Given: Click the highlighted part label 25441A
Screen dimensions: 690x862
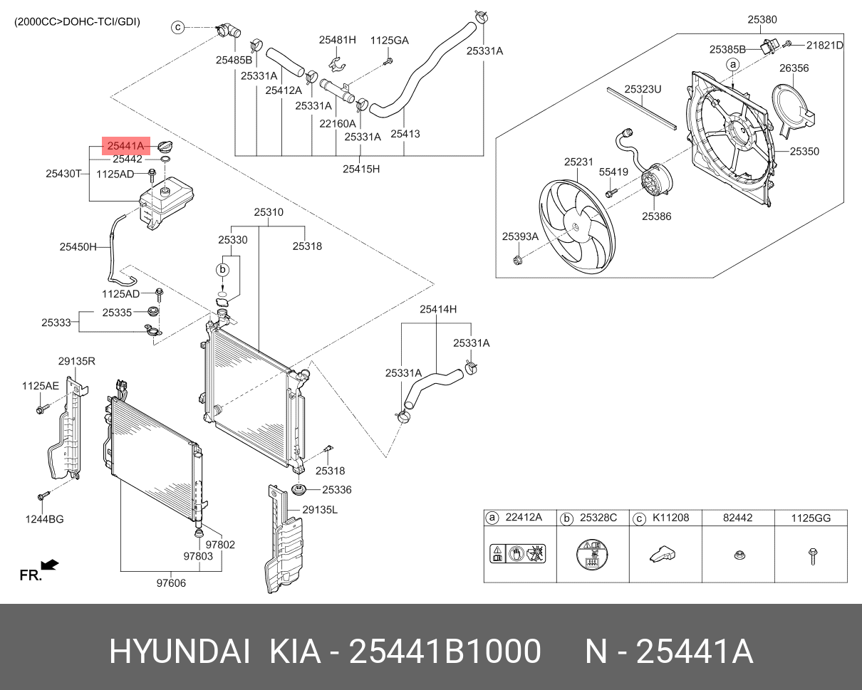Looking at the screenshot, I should click(x=125, y=147).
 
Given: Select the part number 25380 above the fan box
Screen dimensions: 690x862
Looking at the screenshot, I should click(x=762, y=20).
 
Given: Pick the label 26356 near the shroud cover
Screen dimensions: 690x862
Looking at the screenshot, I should click(x=794, y=68).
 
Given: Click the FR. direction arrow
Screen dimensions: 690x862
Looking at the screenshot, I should click(x=49, y=565).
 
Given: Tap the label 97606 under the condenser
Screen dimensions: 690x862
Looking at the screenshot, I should click(x=171, y=583).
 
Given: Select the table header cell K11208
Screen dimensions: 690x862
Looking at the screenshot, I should click(x=670, y=518).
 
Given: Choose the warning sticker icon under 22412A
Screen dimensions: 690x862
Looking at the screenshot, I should click(x=519, y=553).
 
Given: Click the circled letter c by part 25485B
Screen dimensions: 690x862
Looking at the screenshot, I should click(x=178, y=28).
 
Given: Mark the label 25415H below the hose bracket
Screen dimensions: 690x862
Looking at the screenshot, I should click(x=361, y=169).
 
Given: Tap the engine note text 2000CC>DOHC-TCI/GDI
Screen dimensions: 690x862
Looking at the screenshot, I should click(x=77, y=22).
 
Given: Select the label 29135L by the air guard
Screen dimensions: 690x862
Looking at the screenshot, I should click(x=319, y=510).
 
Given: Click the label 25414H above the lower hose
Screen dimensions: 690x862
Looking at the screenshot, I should click(x=437, y=309).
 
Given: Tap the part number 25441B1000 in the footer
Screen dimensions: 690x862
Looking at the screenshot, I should click(x=445, y=652).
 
